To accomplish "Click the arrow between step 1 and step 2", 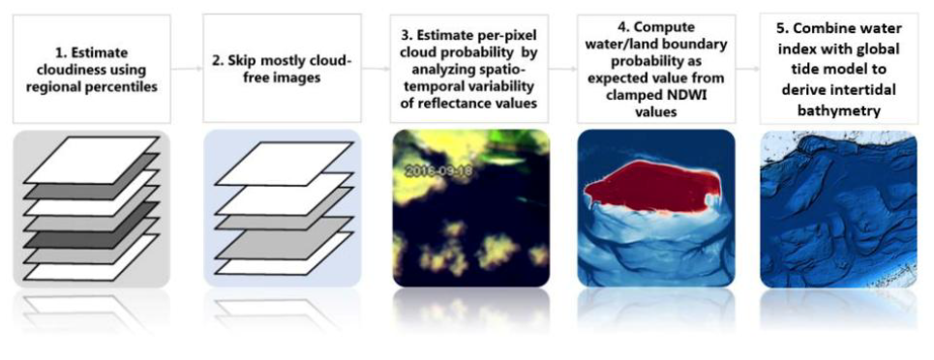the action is (x=186, y=69).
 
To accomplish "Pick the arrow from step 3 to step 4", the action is (x=563, y=69).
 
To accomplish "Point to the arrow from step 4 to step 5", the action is (x=748, y=69).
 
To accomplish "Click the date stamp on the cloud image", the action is (x=438, y=171).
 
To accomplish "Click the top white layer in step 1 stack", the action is (x=91, y=159).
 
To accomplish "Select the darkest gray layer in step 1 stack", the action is (x=91, y=227).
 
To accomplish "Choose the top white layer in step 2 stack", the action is (x=284, y=164).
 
